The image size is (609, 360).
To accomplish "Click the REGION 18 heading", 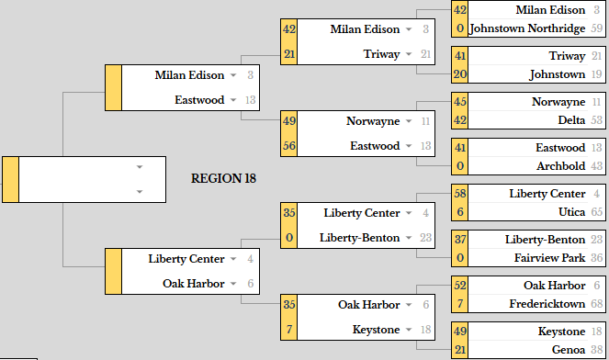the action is click(223, 178).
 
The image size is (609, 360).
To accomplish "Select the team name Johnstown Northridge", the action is click(527, 28).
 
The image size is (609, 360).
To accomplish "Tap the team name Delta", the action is click(571, 120).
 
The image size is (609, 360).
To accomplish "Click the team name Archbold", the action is click(561, 166).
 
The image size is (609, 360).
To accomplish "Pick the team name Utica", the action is click(571, 211).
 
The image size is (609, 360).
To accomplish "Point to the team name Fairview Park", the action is click(549, 257).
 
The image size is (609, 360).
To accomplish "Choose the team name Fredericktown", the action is click(547, 303).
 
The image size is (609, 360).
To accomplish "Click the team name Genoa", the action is click(569, 349).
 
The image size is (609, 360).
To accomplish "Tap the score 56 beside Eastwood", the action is click(289, 146).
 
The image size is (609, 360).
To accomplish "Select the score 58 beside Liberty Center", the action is click(460, 193).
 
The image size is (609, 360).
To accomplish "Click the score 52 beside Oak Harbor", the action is click(460, 285).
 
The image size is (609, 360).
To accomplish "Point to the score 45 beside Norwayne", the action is click(460, 101).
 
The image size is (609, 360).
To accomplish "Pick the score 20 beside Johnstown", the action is click(460, 73).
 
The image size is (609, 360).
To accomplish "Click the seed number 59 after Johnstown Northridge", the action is click(596, 28).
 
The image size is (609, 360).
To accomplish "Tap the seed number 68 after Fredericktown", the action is click(596, 303).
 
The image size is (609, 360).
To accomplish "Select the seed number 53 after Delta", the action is click(596, 120).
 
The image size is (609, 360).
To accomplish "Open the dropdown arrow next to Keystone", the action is click(409, 330).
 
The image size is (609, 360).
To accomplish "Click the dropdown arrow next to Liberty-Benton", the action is click(409, 238).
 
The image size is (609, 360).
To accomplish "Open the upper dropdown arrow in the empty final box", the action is click(140, 167).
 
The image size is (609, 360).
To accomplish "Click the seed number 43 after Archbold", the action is click(596, 166).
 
